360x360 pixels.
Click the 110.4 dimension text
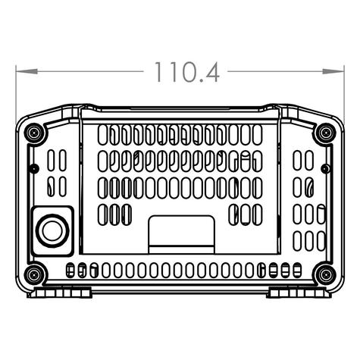(186, 72)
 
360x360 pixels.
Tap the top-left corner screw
(35, 133)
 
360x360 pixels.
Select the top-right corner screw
(325, 133)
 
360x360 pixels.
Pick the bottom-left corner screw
(35, 274)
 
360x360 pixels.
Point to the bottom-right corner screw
(325, 274)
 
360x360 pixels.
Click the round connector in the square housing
(52, 231)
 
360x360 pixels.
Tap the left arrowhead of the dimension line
(27, 71)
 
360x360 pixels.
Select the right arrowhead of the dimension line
(333, 71)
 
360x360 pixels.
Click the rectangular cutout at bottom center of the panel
(181, 235)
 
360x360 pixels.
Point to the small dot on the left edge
(35, 168)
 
